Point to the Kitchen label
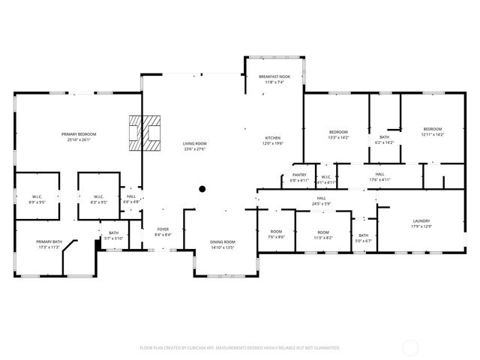click(272, 138)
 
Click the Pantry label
click(298, 175)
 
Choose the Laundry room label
click(421, 220)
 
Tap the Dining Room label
click(222, 241)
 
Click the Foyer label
click(163, 229)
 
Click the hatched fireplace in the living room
click(146, 133)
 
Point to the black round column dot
click(202, 189)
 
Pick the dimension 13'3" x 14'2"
click(338, 137)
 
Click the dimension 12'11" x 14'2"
click(432, 134)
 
